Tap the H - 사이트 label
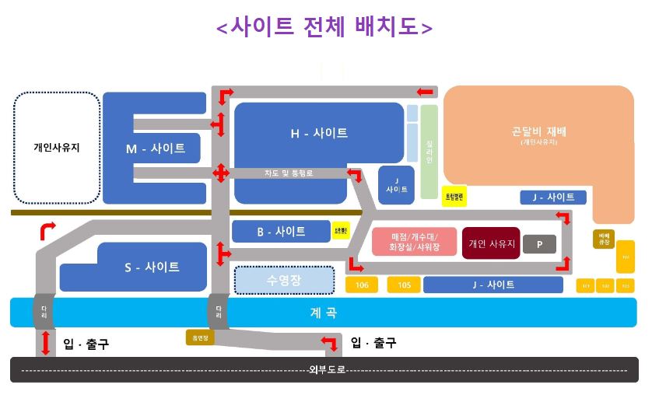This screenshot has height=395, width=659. click(x=319, y=134)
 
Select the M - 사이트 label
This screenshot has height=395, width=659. click(x=156, y=149)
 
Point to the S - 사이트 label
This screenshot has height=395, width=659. click(x=152, y=267)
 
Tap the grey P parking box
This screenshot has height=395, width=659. click(x=538, y=244)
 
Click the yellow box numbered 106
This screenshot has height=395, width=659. click(x=363, y=285)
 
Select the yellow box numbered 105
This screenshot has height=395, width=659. click(x=404, y=285)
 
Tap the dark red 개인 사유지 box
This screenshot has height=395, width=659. click(x=491, y=243)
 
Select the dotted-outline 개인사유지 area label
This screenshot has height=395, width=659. click(x=57, y=146)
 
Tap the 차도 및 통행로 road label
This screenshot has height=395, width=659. click(x=288, y=173)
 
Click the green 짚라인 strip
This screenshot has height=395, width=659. click(x=429, y=152)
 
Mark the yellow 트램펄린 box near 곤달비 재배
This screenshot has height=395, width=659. click(x=454, y=197)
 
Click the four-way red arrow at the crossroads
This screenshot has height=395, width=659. click(x=221, y=173)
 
